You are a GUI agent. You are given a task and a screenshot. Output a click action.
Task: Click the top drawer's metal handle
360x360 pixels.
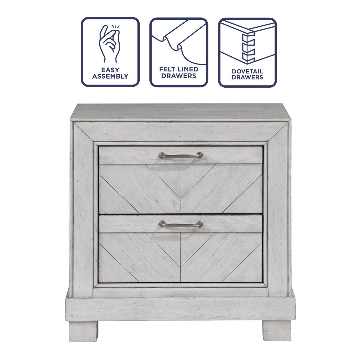coord(181,155)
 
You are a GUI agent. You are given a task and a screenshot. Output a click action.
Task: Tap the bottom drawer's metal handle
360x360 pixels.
coord(181,224)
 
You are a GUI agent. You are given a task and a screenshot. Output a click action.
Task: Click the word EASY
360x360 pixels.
coord(110,70)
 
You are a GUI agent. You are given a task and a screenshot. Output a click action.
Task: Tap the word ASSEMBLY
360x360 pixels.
coord(110,76)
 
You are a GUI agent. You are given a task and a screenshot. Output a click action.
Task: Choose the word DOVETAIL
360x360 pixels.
coord(247,71)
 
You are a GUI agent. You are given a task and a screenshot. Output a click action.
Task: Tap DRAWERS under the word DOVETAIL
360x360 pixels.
coord(247,77)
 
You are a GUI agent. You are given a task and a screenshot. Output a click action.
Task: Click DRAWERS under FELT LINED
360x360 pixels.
coord(179,76)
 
